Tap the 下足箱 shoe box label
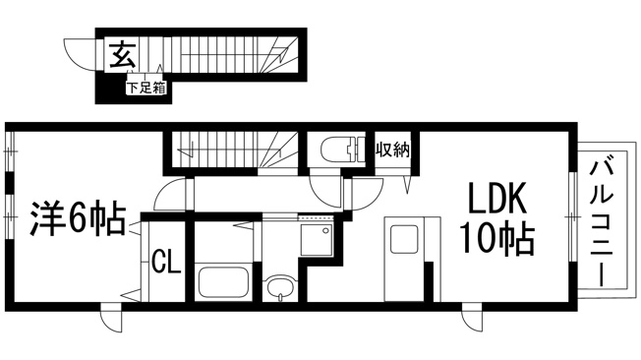point(146,88)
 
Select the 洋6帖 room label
point(78,218)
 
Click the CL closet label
point(166,262)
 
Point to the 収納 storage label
point(393,150)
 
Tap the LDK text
point(496,198)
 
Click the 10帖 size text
point(497,238)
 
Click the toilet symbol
point(342,150)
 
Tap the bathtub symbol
point(223,282)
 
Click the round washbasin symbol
point(280,286)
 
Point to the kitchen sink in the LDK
point(404,239)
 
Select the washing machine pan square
point(317,240)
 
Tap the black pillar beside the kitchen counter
point(429,282)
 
